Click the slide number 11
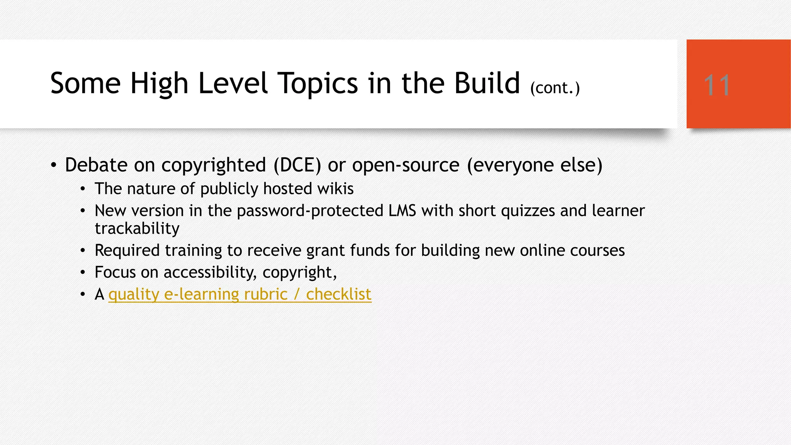click(x=717, y=85)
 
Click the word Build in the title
click(x=487, y=83)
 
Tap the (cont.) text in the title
click(x=555, y=88)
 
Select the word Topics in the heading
click(x=318, y=84)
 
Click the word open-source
click(x=406, y=165)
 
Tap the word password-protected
click(x=310, y=211)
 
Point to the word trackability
click(x=137, y=229)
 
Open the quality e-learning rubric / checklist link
click(x=240, y=294)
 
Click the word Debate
click(x=96, y=165)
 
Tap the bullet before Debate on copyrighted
click(x=54, y=166)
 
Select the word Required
click(x=127, y=251)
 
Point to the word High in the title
click(x=159, y=84)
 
